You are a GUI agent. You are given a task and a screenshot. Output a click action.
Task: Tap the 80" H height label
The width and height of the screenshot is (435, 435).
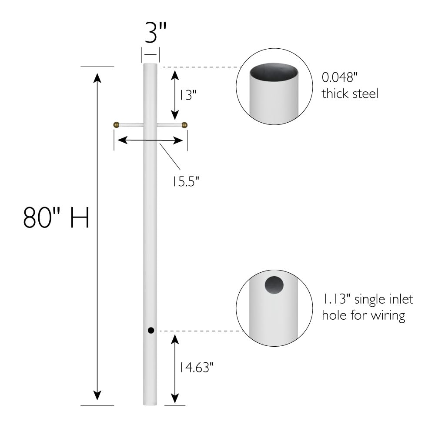click(x=56, y=218)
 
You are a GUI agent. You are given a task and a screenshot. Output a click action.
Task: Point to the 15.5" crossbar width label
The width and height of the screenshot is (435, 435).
click(x=184, y=180)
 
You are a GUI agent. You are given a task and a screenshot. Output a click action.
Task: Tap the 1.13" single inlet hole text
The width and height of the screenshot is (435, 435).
click(x=367, y=307)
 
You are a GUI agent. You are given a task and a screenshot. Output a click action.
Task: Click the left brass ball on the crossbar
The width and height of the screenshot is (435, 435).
click(x=116, y=125)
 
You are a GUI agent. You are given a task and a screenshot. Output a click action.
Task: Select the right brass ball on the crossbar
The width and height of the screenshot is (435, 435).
click(x=184, y=125)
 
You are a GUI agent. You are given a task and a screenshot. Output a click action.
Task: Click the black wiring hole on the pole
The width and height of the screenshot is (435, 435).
click(x=151, y=330)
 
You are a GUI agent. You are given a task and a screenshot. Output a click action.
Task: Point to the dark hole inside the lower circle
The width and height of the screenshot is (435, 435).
click(x=274, y=285)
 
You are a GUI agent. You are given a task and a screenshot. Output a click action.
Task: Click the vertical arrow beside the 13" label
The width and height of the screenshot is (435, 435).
click(x=174, y=94)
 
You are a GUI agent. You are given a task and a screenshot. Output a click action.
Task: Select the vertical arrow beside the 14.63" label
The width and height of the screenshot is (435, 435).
click(x=174, y=369)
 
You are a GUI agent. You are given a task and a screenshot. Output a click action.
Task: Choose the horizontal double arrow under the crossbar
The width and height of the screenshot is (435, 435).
click(x=150, y=140)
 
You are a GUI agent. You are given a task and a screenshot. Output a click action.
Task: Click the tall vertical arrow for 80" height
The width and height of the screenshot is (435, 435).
click(x=97, y=237)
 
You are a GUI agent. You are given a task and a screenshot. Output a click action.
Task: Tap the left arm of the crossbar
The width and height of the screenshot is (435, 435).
click(x=130, y=125)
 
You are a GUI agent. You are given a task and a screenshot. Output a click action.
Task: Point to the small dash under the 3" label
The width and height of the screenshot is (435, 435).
click(x=150, y=54)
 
